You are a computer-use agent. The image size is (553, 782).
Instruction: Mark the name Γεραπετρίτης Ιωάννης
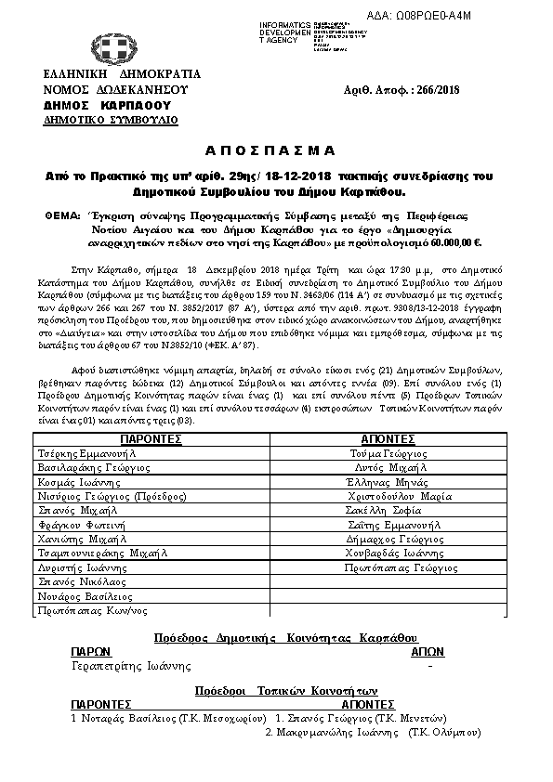[x=131, y=666]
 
